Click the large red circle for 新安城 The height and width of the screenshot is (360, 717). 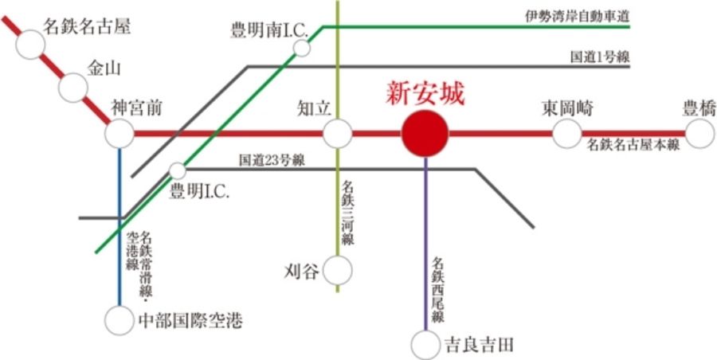tap(424, 134)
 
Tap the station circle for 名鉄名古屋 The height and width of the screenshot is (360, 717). tap(31, 44)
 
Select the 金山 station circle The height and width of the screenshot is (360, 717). tap(74, 88)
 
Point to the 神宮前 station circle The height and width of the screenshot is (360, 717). tap(119, 134)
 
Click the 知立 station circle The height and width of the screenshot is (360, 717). tap(337, 134)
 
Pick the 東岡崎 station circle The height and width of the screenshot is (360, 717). tap(567, 134)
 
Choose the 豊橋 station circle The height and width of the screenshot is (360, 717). tap(700, 134)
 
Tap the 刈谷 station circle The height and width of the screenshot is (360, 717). tap(337, 270)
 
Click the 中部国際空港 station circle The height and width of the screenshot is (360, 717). tap(119, 321)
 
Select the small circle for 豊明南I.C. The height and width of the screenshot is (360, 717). tap(302, 49)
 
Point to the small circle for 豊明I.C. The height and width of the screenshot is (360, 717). tap(178, 170)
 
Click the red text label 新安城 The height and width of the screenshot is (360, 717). tap(425, 93)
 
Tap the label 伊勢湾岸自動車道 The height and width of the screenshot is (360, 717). tap(576, 14)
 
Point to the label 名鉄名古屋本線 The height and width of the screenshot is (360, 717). tap(633, 146)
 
